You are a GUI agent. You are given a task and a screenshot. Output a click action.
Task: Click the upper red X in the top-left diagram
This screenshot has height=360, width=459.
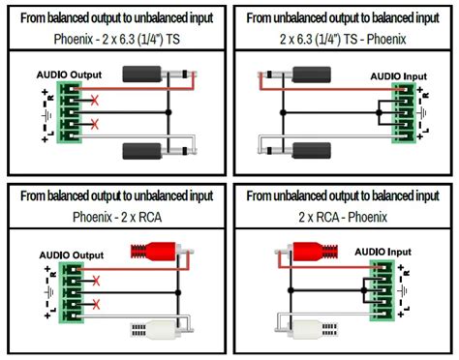tap(93, 101)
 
